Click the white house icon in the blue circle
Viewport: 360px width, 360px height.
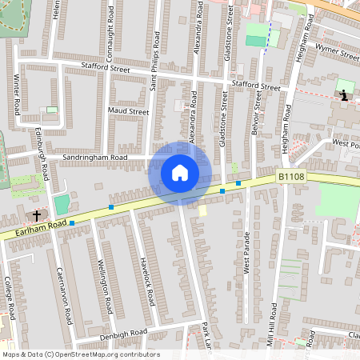(180, 173)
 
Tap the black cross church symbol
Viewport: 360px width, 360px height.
(36, 215)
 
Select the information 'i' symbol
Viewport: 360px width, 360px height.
(344, 95)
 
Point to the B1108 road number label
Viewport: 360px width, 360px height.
(292, 175)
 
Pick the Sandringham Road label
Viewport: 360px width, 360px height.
(96, 158)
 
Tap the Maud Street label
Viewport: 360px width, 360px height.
(128, 112)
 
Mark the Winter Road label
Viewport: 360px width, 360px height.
(17, 94)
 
